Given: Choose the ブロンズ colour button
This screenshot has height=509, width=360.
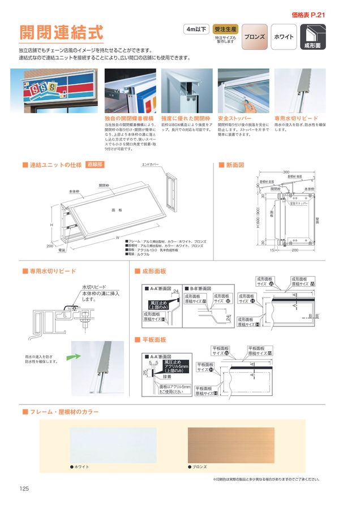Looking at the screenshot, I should (254, 37).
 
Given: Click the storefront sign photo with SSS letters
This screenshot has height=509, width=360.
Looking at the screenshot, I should (54, 92).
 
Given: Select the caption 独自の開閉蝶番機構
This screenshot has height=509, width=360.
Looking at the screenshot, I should (129, 119).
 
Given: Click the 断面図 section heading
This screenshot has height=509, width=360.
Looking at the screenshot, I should (234, 165).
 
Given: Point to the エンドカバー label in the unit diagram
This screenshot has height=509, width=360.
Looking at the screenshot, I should (151, 165).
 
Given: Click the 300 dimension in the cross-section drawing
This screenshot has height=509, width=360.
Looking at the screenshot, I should (286, 172).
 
